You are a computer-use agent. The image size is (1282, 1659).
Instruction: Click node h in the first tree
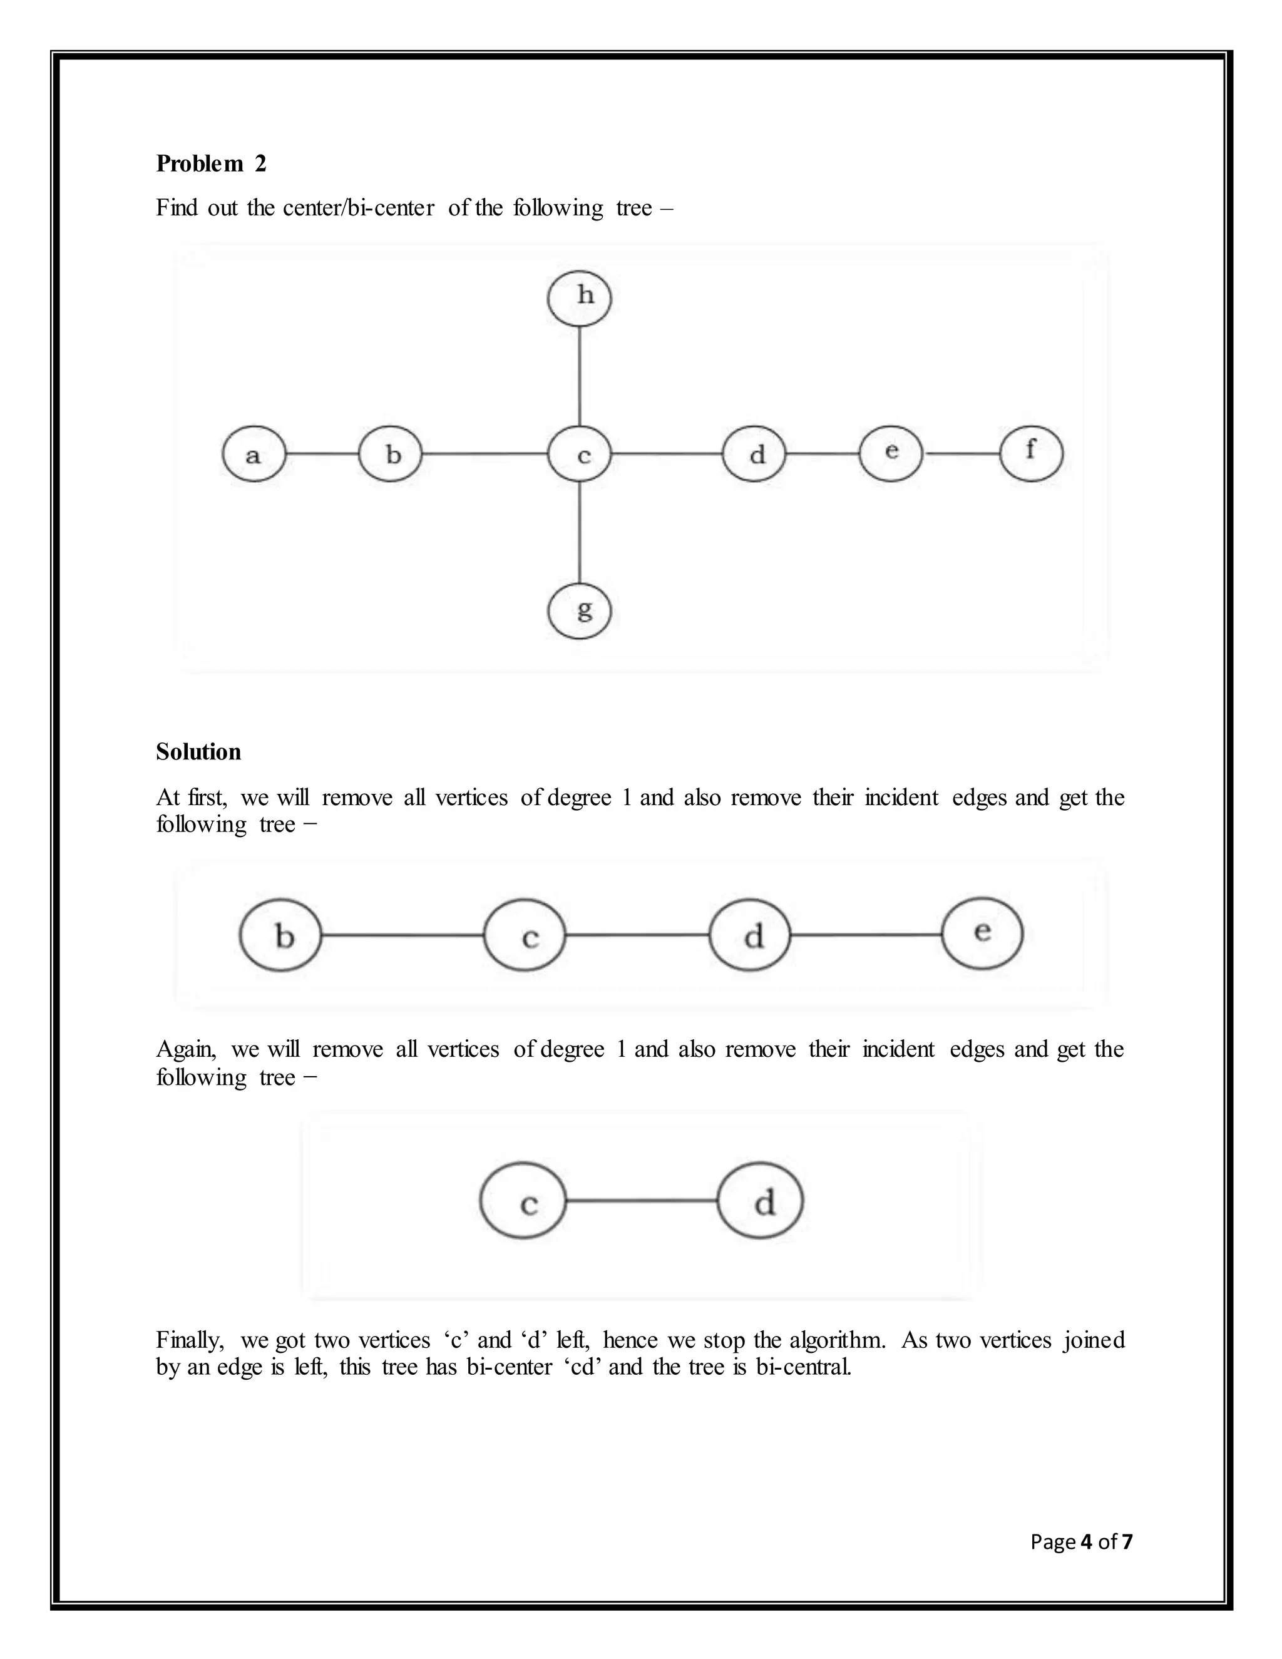coord(580,296)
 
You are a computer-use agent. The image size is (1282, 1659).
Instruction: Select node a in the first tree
coord(254,455)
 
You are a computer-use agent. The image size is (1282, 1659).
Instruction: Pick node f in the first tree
coord(1030,453)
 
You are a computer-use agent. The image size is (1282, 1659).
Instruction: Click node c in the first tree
coord(580,455)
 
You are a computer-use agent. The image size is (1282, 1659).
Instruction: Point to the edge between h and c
coord(580,376)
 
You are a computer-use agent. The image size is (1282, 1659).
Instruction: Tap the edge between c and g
coord(580,532)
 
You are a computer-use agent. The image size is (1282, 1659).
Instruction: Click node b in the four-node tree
coord(281,935)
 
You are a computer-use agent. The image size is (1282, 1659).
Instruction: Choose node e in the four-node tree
coord(982,933)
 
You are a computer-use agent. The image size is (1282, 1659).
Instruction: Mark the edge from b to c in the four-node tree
coord(403,935)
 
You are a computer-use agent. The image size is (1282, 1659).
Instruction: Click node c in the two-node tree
coord(523,1201)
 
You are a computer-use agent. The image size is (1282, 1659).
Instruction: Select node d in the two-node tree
coord(760,1201)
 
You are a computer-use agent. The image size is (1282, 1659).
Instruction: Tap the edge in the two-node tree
coord(642,1201)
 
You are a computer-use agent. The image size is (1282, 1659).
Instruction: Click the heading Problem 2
coord(211,163)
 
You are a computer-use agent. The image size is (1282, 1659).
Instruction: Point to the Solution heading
coord(198,751)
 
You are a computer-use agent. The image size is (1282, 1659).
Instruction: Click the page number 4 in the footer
coord(1086,1541)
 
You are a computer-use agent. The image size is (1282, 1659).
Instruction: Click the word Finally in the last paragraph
coord(190,1340)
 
